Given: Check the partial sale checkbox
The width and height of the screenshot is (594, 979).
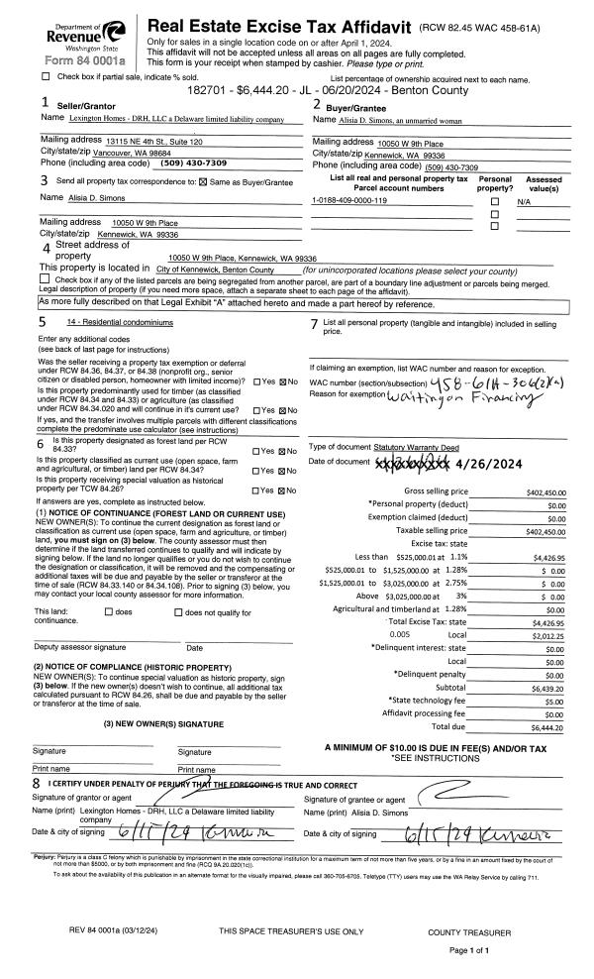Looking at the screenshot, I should click(46, 76).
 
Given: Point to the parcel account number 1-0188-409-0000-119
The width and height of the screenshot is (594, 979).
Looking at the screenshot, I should click(349, 200).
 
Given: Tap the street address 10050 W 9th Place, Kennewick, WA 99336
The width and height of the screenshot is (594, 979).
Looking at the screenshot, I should click(249, 257).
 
